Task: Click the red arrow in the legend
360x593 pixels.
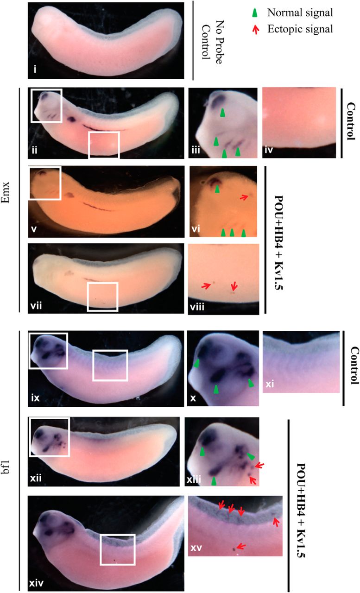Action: pos(256,30)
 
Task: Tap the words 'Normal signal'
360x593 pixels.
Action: pos(300,13)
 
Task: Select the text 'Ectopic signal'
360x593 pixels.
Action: pos(300,29)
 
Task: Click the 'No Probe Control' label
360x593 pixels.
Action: pos(212,42)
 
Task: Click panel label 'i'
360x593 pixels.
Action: pos(35,69)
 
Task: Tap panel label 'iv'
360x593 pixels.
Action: pos(269,150)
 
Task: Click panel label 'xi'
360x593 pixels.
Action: pos(270,384)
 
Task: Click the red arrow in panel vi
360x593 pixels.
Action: pos(244,197)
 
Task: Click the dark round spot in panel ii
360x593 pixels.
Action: pos(71,120)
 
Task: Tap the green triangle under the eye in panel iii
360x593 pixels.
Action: pos(223,113)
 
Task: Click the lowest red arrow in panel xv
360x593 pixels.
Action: pos(241,546)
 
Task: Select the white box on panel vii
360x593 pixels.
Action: pos(102,296)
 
